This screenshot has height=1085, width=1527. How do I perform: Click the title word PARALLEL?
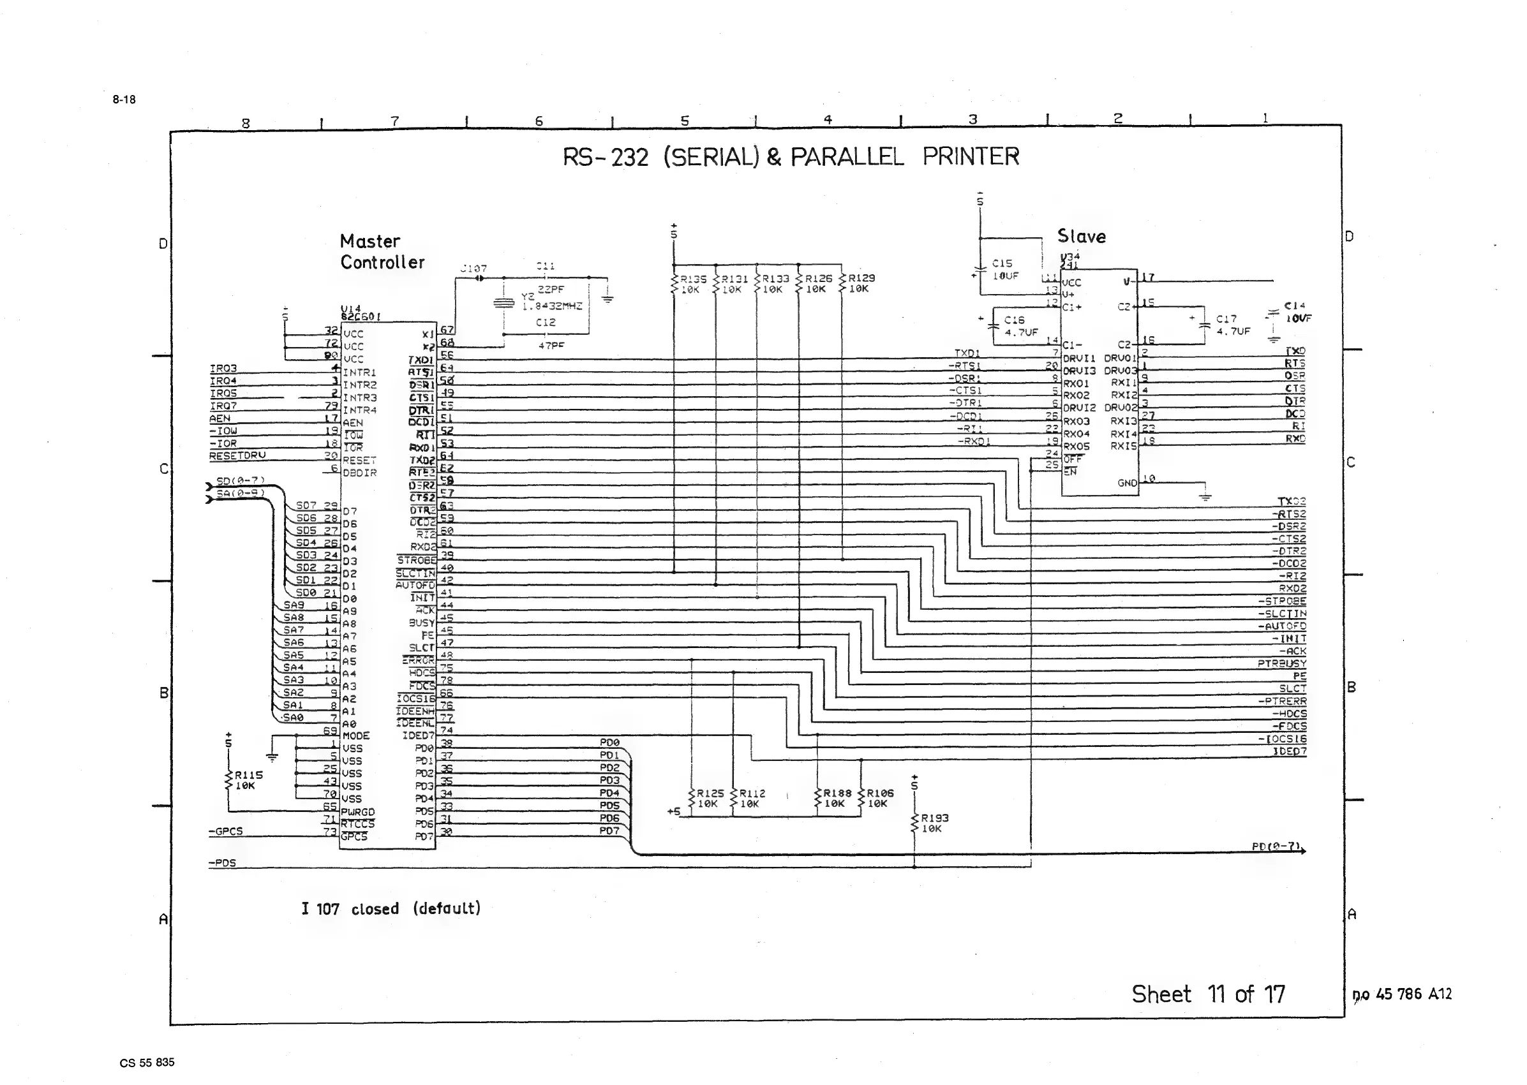tap(847, 157)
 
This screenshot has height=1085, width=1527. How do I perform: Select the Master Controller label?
tap(382, 252)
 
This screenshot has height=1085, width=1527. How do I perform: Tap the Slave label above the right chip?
tap(1081, 237)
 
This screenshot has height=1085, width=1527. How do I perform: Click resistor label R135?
tap(693, 279)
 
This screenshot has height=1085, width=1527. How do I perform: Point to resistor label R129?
tap(861, 278)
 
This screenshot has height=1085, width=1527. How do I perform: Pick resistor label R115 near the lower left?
tap(249, 775)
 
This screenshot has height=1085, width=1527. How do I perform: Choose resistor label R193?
tap(934, 818)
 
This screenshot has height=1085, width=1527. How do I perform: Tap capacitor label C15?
tap(1002, 264)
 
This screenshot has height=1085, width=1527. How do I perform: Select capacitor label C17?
tap(1226, 320)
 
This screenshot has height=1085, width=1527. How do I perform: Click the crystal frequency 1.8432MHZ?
tap(552, 307)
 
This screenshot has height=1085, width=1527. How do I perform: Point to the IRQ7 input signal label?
tap(223, 406)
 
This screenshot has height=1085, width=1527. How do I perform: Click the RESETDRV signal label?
tap(237, 455)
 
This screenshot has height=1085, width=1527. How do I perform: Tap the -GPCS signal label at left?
tap(226, 832)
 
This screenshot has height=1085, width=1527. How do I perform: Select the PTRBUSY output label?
tap(1281, 663)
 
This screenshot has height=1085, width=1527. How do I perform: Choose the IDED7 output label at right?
tap(1289, 751)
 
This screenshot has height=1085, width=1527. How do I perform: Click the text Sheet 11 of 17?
tap(1207, 994)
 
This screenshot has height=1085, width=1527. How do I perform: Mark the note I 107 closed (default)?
tap(391, 908)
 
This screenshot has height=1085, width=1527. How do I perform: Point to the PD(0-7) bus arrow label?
tap(1276, 846)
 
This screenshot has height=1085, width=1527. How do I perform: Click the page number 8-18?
tap(124, 100)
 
